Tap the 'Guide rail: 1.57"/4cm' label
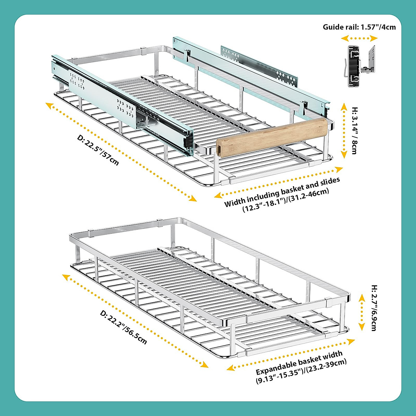pos(359,27)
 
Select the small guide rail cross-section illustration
pos(361,66)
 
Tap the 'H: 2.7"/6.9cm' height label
pos(374,308)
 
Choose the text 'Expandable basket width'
pos(299,363)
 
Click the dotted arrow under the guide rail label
pos(363,38)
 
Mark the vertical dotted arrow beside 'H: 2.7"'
pos(362,312)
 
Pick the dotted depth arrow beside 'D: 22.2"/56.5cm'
pos(135,320)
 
